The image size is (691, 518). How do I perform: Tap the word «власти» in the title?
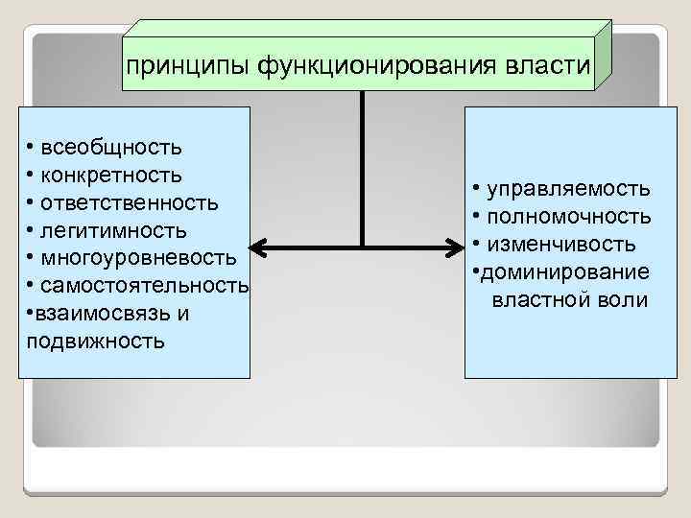[548, 66]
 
